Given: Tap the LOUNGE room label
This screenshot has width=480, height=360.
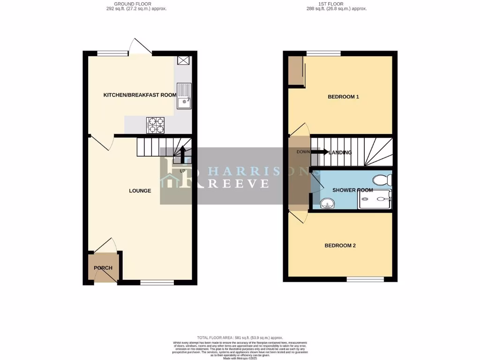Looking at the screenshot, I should point(140,191).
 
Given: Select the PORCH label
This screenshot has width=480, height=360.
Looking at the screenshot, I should point(103,268).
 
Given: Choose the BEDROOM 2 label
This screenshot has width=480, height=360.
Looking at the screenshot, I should point(341,246).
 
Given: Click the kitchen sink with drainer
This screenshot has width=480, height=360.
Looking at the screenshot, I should point(183,95).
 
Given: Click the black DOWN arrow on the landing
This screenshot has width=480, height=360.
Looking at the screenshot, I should point(320,152).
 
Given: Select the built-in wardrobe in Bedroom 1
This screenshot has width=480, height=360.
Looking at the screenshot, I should point(296,71).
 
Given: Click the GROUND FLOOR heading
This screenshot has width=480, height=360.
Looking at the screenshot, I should point(136,4).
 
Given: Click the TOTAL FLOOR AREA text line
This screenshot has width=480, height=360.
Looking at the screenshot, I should point(240,337).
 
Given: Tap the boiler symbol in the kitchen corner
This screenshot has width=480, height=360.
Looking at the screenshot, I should point(183,60).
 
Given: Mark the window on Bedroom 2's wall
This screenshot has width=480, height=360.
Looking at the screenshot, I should point(365,279).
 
